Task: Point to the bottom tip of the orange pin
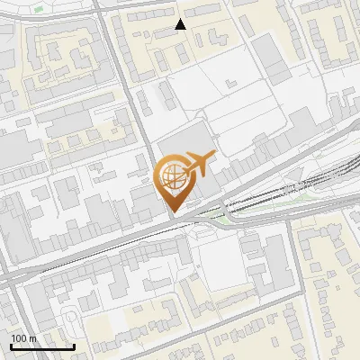click(x=172, y=212)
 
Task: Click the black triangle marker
click(x=180, y=24)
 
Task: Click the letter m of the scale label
click(x=32, y=338)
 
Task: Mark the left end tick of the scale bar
click(x=11, y=346)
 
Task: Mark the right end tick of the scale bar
click(x=74, y=346)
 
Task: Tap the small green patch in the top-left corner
click(x=39, y=8)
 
